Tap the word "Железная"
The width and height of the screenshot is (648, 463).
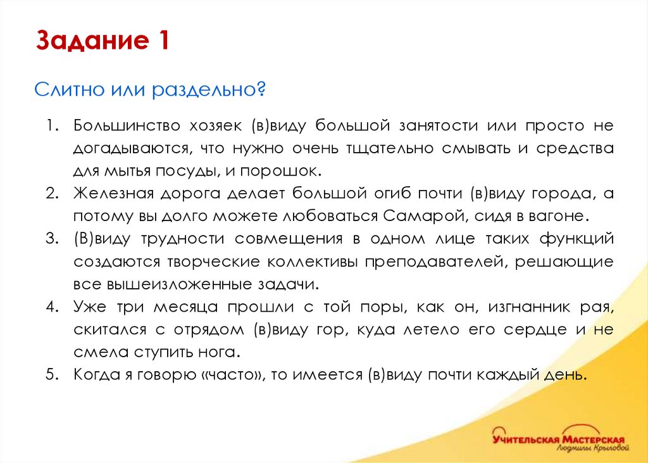109,194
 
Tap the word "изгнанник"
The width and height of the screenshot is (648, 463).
542,308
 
